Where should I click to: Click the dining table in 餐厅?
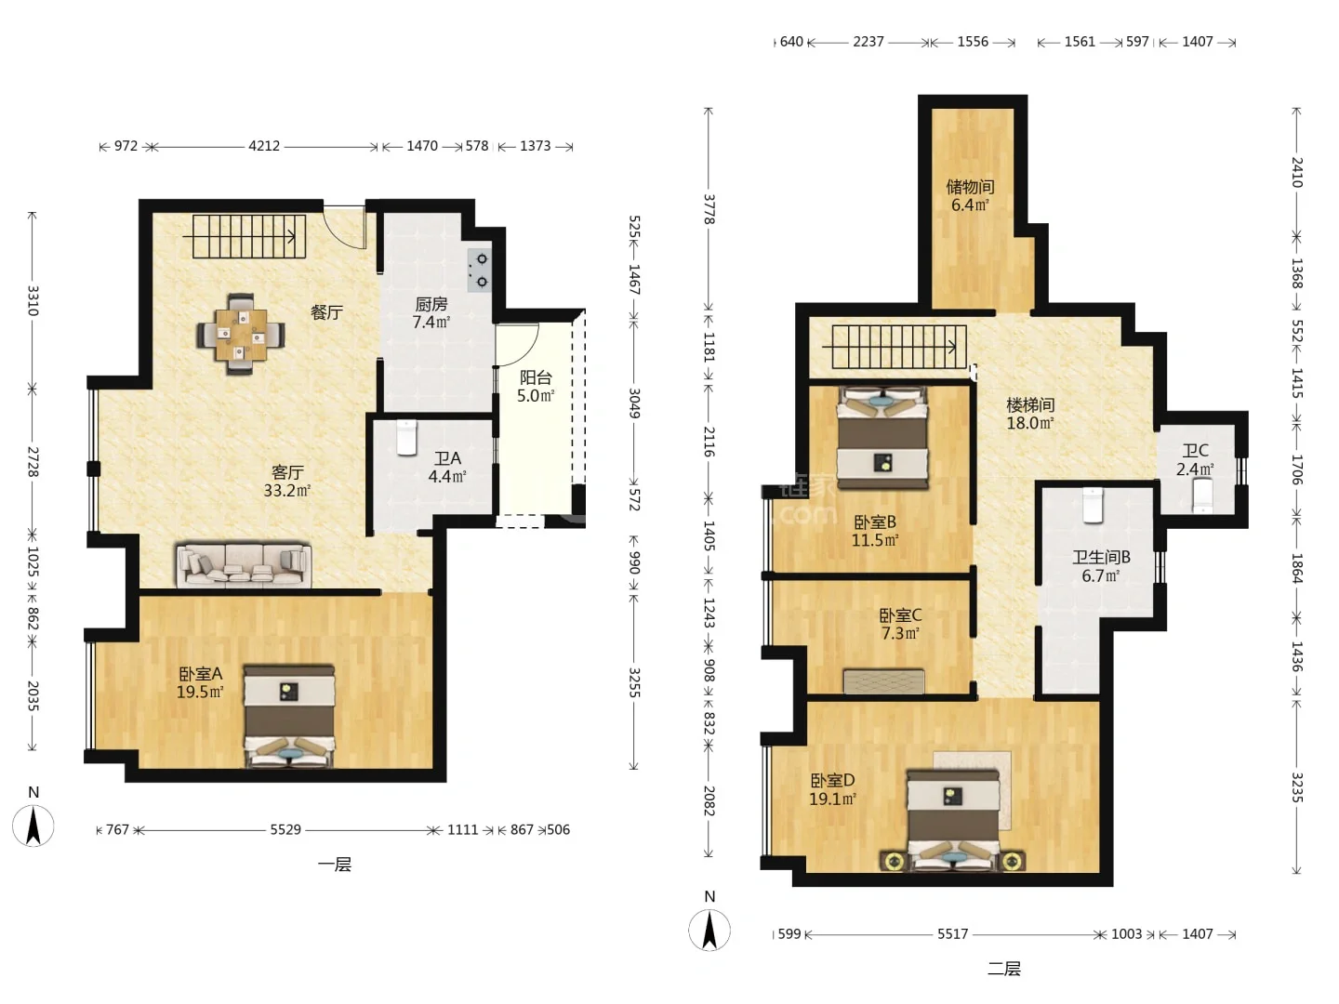pos(240,334)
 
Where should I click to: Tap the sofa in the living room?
pos(244,566)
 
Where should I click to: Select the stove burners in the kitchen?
pos(480,270)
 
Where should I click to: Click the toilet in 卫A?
pos(406,437)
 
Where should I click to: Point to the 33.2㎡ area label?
pos(286,491)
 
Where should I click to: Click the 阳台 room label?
pos(536,377)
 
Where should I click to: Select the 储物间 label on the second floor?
pos(970,187)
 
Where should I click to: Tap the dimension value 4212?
pos(264,146)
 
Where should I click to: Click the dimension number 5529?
pos(285,829)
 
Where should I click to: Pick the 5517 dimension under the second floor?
pos(952,934)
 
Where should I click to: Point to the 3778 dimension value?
pos(709,209)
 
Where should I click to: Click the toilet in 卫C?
pos(1202,495)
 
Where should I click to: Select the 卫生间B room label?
pos(1101,557)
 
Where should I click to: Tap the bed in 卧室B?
pos(882,438)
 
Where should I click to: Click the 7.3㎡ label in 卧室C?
pos(900,633)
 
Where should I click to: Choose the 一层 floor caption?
pos(335,865)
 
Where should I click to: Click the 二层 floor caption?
pos(1004,969)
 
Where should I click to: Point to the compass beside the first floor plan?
pos(33,826)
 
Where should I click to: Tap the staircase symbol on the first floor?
pos(249,236)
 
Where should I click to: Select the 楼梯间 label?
pos(1030,404)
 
